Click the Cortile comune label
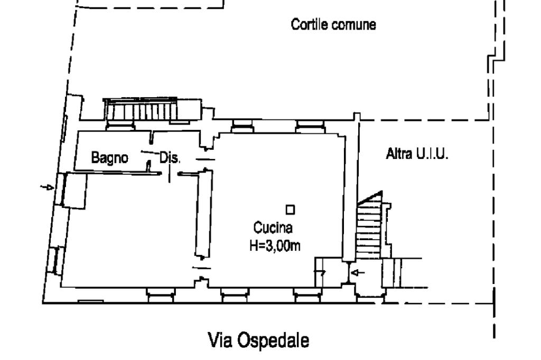tap(334, 25)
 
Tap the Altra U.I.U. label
tap(417, 155)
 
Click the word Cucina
tap(273, 229)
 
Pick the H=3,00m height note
tap(275, 245)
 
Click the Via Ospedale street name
tap(259, 340)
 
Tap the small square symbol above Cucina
tap(290, 210)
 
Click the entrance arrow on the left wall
tap(48, 187)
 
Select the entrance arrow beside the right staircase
tap(358, 272)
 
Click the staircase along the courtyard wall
tap(143, 111)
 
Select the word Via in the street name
tap(221, 340)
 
